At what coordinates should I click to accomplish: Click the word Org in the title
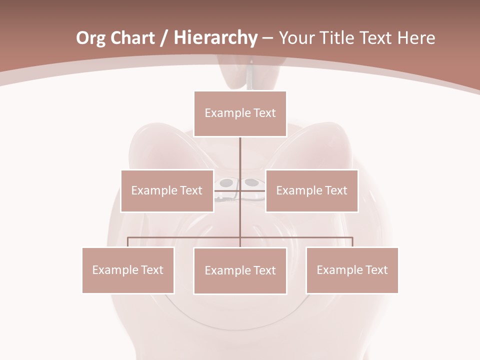[x=90, y=38]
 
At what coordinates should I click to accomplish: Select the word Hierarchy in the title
[x=215, y=38]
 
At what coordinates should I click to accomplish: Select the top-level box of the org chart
[x=240, y=113]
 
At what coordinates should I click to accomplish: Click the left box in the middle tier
[x=167, y=190]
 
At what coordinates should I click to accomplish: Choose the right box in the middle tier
[x=311, y=190]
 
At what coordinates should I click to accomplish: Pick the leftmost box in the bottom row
[x=128, y=270]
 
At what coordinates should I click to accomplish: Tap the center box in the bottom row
[x=240, y=270]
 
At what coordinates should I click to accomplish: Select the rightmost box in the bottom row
[x=352, y=270]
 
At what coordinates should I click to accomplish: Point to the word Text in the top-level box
[x=264, y=113]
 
